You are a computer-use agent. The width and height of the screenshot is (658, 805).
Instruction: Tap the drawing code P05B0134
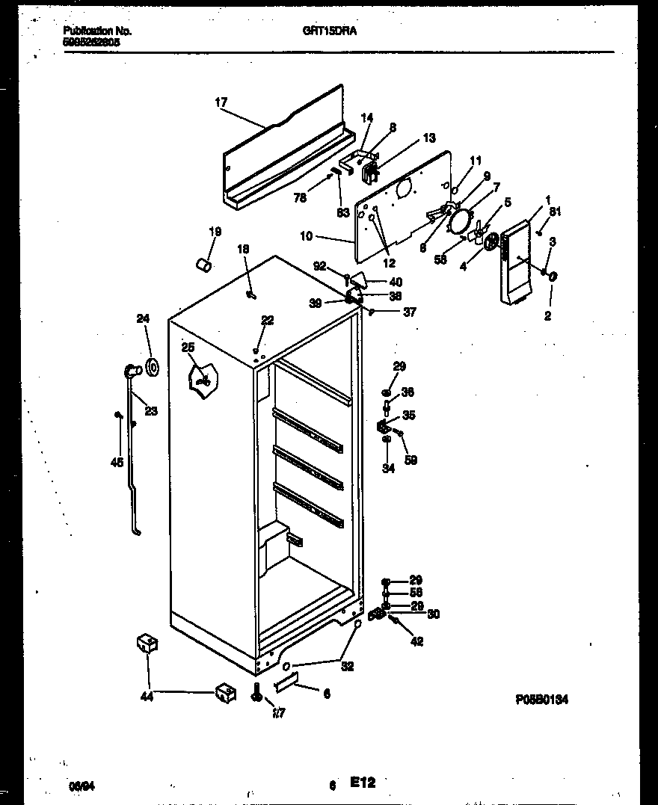coord(542,700)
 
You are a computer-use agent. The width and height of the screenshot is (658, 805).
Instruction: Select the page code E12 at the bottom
coord(363,782)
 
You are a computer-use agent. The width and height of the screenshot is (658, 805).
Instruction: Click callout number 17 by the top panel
coord(221,102)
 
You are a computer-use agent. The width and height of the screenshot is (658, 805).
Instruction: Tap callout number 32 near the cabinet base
coord(347,667)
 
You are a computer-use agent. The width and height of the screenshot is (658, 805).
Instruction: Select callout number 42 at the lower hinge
coord(416,641)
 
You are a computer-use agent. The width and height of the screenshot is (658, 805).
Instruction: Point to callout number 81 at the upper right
coord(554,212)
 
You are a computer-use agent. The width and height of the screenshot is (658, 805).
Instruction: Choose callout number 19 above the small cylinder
coord(215,232)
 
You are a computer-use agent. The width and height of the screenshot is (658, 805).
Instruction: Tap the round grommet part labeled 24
coord(153,367)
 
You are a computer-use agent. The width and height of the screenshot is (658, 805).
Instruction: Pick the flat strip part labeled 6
coord(287,682)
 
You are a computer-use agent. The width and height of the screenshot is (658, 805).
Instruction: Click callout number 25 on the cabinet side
coord(188,347)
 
